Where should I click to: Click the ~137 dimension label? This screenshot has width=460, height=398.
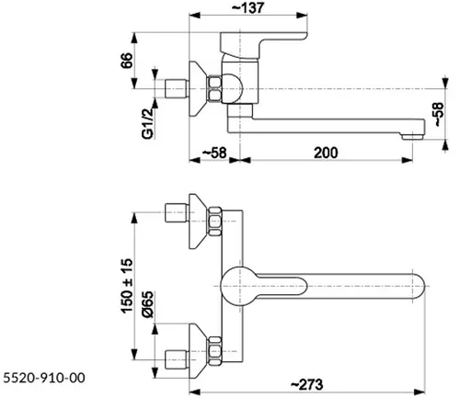(247, 8)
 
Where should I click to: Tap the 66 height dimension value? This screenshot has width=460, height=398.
(127, 61)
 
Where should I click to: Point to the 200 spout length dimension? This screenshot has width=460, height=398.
(326, 153)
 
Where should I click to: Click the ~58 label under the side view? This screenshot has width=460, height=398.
(214, 153)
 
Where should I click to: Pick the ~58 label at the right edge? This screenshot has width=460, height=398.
(439, 114)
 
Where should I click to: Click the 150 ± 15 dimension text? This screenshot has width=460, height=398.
(127, 286)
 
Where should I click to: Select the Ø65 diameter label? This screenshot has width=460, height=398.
(147, 304)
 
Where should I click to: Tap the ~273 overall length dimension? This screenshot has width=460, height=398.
(306, 384)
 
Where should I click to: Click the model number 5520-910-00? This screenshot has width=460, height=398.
(44, 378)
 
